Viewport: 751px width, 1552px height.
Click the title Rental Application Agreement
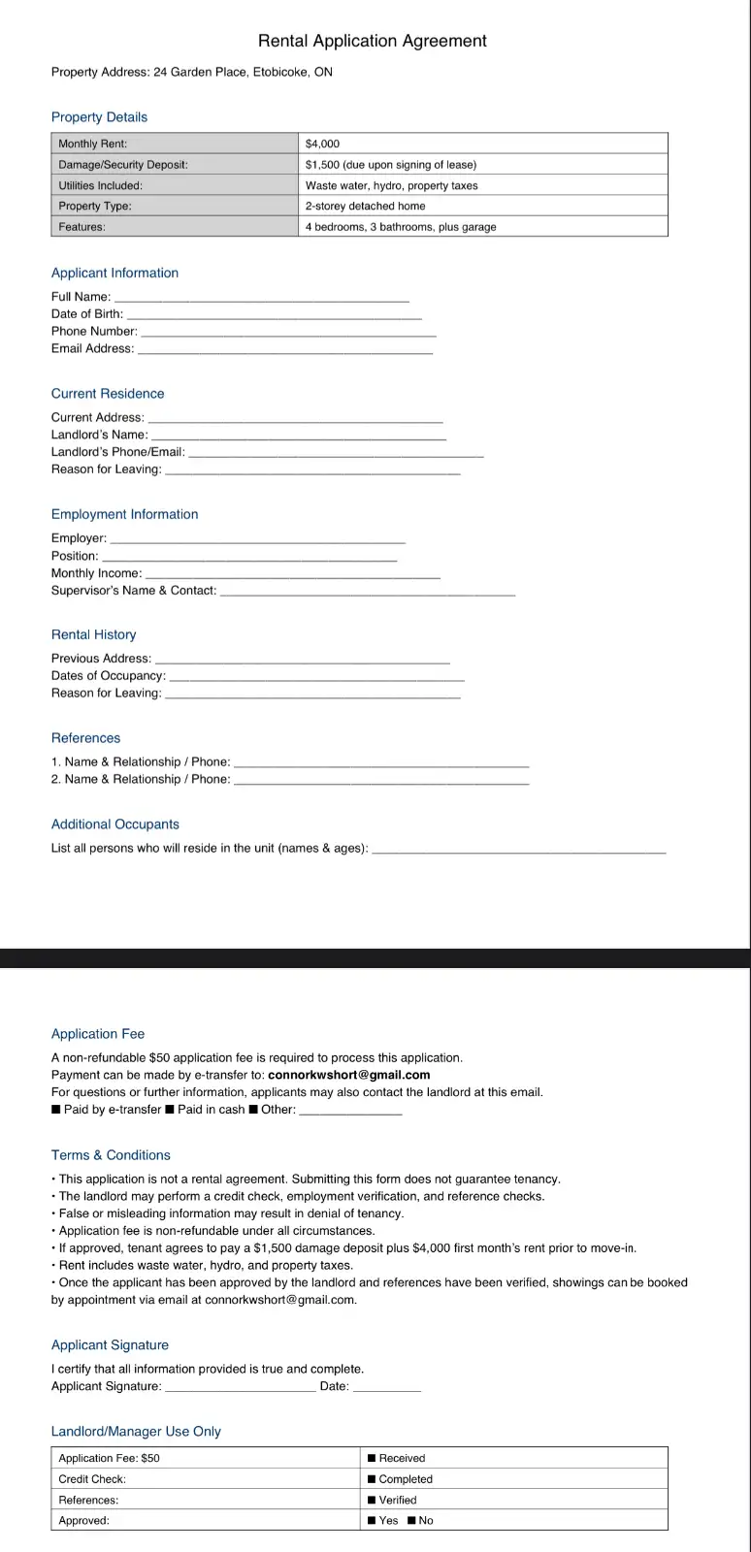click(x=373, y=41)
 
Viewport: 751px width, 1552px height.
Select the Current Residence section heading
click(x=108, y=394)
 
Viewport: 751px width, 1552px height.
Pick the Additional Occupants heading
click(x=115, y=824)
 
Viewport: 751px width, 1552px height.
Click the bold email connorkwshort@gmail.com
click(x=349, y=1075)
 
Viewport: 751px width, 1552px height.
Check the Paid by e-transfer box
click(x=56, y=1110)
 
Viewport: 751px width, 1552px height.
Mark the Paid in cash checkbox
click(x=170, y=1110)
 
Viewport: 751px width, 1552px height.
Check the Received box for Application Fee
click(x=372, y=1458)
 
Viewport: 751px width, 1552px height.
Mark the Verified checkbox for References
click(x=372, y=1500)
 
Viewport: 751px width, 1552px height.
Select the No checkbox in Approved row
click(x=411, y=1521)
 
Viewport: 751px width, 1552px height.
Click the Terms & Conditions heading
click(x=111, y=1155)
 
